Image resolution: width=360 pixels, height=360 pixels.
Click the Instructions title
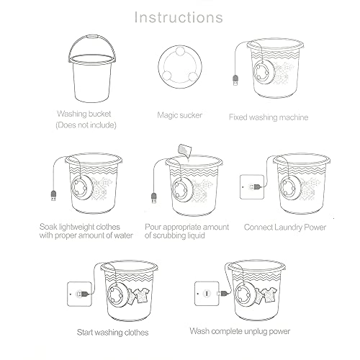pyautogui.click(x=179, y=17)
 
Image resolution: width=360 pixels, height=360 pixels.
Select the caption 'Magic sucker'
pyautogui.click(x=180, y=115)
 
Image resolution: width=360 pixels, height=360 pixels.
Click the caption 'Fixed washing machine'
pyautogui.click(x=269, y=117)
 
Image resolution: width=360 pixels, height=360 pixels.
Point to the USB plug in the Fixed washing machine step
pyautogui.click(x=235, y=80)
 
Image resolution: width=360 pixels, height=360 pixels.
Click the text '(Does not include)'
pyautogui.click(x=86, y=125)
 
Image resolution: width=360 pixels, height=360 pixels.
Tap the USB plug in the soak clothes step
pyautogui.click(x=53, y=195)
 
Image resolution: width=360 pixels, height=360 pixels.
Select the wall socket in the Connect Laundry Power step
pyautogui.click(x=252, y=186)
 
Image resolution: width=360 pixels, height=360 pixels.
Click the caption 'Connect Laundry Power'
pyautogui.click(x=285, y=228)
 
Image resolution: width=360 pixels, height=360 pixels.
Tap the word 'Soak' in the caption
pyautogui.click(x=48, y=227)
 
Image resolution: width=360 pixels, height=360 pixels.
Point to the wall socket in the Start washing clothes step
pyautogui.click(x=79, y=294)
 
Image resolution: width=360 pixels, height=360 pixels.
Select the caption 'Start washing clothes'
pyautogui.click(x=112, y=333)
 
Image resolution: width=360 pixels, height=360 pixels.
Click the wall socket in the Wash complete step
pyautogui.click(x=207, y=294)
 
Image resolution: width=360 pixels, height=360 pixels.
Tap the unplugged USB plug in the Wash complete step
pyautogui.click(x=223, y=293)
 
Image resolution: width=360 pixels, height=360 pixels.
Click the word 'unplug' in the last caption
pyautogui.click(x=255, y=332)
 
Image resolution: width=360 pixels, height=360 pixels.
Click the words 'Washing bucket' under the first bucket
pyautogui.click(x=84, y=114)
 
